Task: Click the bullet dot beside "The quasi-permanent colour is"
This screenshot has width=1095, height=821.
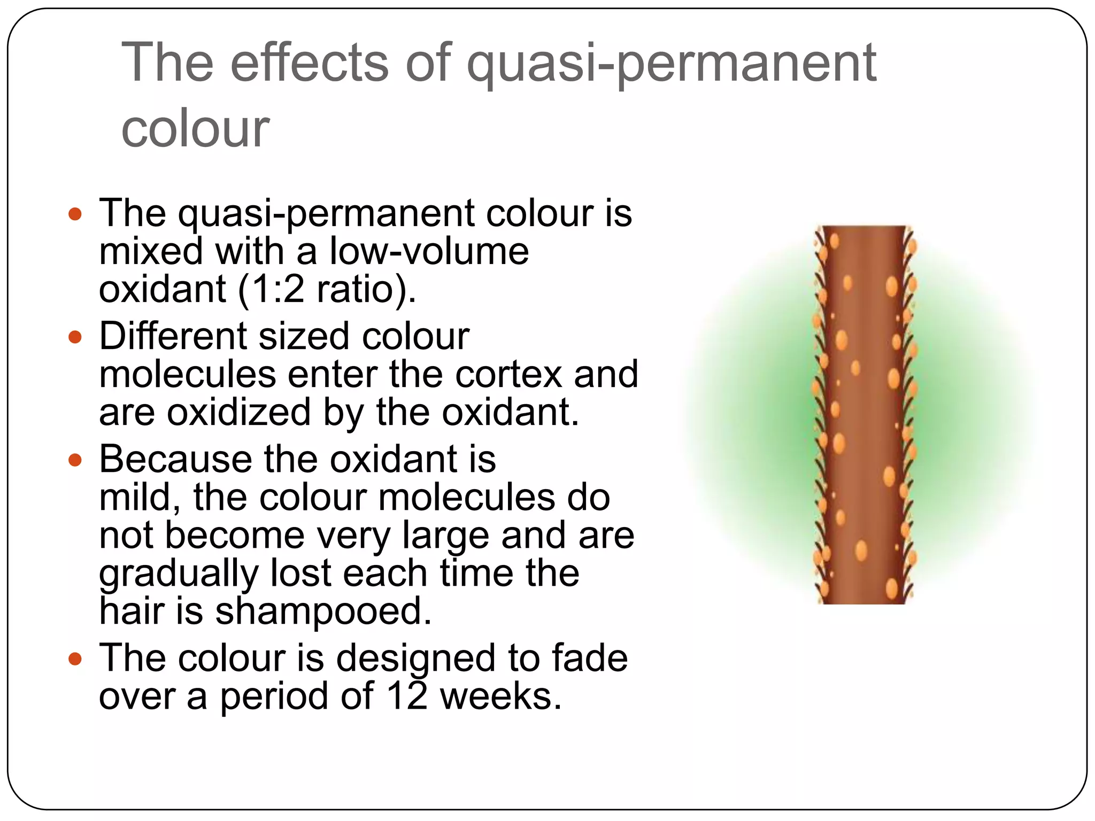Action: click(75, 214)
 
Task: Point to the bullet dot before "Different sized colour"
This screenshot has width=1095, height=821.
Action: click(75, 337)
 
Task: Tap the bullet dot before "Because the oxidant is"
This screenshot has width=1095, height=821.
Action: click(75, 460)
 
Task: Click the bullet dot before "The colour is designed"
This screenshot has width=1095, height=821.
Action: click(75, 659)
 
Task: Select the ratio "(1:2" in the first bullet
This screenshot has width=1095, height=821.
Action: click(271, 290)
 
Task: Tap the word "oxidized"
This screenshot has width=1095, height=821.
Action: click(238, 413)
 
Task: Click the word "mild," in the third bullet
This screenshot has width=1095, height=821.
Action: click(140, 497)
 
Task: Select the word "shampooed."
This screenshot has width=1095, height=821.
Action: click(323, 611)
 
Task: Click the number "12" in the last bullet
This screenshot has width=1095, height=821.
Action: click(407, 696)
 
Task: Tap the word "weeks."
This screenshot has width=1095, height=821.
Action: click(500, 696)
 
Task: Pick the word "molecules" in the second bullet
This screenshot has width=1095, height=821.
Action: click(188, 374)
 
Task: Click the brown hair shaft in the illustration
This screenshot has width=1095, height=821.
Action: click(863, 417)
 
